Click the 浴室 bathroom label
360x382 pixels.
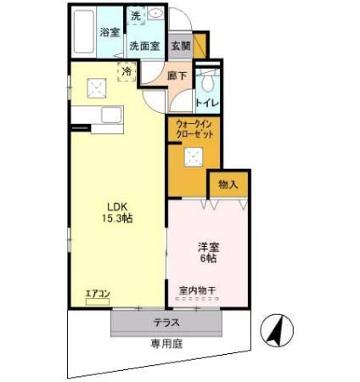click(x=109, y=32)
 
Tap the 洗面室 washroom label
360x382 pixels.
click(x=144, y=47)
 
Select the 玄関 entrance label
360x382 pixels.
click(x=180, y=47)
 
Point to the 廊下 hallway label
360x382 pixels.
click(x=176, y=76)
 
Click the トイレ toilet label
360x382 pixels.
click(x=208, y=103)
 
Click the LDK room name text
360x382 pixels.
click(x=115, y=205)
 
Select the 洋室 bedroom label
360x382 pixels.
click(x=209, y=247)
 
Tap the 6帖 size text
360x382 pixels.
click(x=209, y=260)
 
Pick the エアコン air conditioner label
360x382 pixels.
click(x=98, y=295)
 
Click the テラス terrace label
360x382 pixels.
click(x=166, y=323)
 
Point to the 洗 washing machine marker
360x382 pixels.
click(x=135, y=15)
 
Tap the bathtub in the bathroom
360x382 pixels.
click(x=83, y=32)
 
